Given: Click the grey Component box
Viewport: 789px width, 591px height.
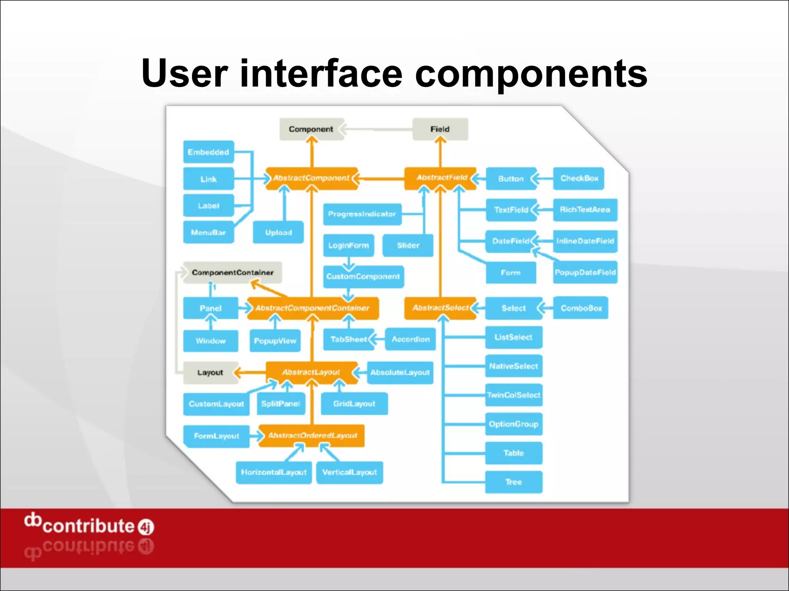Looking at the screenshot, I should [x=311, y=129].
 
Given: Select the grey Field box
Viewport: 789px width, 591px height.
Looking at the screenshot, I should [x=440, y=129].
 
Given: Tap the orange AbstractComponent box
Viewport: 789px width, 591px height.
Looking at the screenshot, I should [x=311, y=178].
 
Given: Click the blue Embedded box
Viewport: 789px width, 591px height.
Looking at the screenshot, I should [x=208, y=152].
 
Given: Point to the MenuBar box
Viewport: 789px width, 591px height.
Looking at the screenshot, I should [x=208, y=232].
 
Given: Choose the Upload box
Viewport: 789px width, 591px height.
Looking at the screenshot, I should [x=278, y=232].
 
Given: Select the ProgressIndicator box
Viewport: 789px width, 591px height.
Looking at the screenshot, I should [x=362, y=214].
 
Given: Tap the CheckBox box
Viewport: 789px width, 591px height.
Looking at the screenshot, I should [x=579, y=179].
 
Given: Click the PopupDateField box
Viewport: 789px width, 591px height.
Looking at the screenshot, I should [x=585, y=272].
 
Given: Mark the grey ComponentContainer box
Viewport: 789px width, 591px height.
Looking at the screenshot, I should [x=232, y=272].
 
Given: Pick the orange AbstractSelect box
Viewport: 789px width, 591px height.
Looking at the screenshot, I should [x=440, y=308].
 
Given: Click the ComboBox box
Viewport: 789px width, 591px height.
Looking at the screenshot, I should [x=581, y=308].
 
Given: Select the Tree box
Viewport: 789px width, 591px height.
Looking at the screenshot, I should [x=514, y=482].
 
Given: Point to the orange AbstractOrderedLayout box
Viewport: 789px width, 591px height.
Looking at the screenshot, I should [x=312, y=436].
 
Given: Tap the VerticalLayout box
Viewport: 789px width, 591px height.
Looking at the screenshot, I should [x=349, y=472].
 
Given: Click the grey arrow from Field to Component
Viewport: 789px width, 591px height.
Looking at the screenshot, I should [x=378, y=129].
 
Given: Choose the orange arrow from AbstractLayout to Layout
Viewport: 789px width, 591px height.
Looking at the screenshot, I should [x=250, y=372].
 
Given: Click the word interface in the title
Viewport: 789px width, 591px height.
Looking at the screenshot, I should [x=321, y=73].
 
